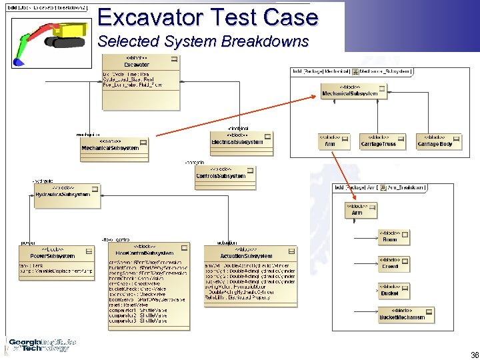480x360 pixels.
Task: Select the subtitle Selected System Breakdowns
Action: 203,41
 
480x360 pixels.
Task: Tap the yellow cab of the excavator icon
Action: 75,30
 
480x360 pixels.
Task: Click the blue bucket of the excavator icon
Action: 18,61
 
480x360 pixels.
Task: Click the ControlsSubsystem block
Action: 221,173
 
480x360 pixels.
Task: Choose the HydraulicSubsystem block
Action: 62,191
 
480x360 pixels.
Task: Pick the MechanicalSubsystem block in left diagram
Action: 110,145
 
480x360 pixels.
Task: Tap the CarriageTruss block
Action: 378,141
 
